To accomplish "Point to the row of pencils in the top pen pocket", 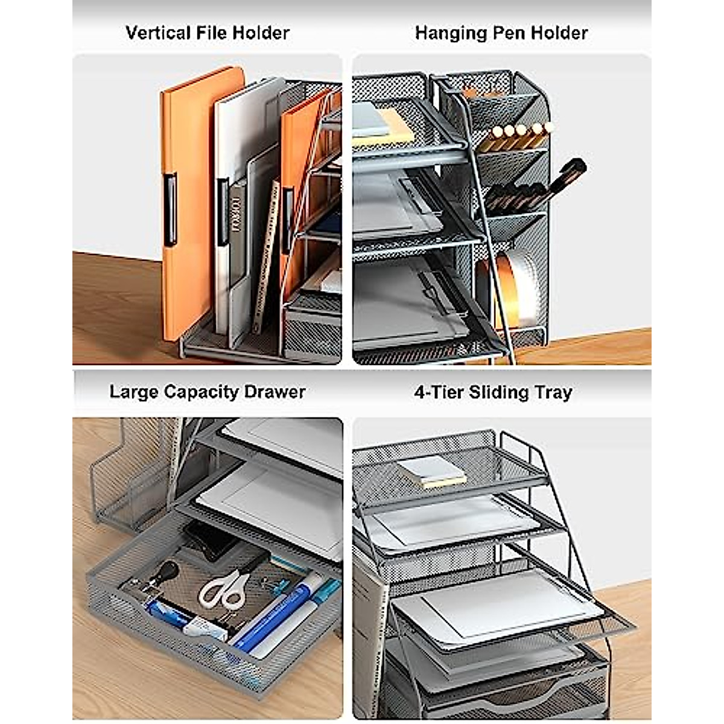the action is (520, 136).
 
